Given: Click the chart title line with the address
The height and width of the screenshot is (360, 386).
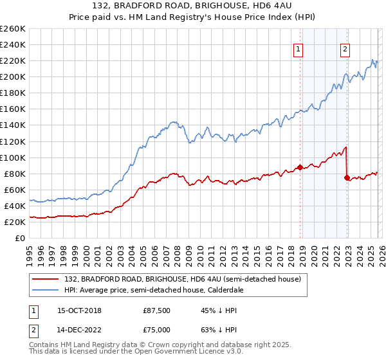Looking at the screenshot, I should (193, 6).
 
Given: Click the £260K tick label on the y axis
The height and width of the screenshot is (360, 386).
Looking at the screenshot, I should (13, 29).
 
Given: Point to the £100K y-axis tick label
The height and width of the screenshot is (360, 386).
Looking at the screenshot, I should (13, 157).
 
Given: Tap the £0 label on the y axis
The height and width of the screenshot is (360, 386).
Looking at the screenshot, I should (20, 239).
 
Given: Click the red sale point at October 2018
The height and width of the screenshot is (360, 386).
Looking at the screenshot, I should (300, 168).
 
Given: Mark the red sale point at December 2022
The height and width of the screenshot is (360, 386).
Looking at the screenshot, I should (347, 177).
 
